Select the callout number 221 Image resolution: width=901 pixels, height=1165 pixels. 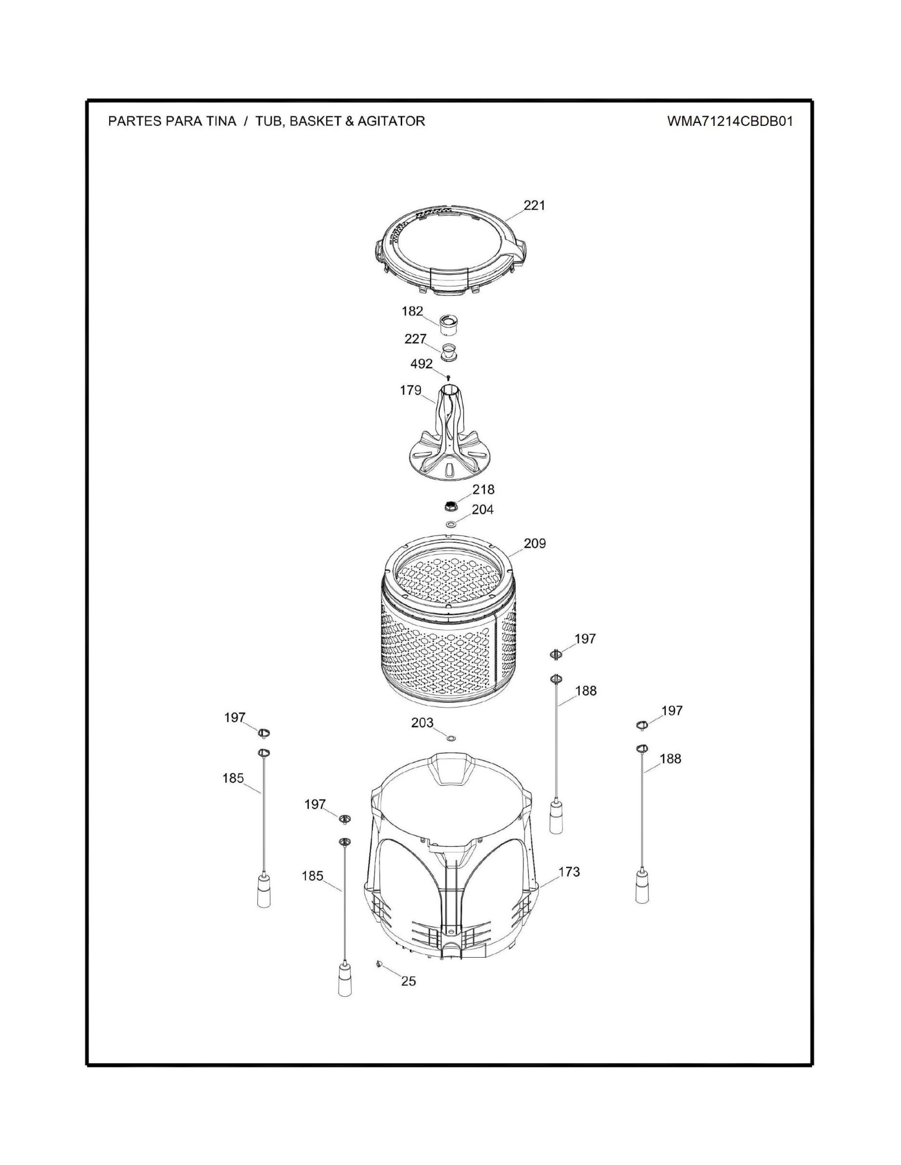tap(534, 205)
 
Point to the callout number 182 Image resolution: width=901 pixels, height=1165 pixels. tap(412, 311)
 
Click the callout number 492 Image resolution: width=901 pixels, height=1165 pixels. tap(421, 364)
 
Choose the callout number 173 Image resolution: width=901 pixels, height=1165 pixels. tap(569, 872)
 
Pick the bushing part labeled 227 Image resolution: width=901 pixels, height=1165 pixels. tap(449, 352)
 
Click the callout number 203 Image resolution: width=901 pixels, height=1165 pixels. tap(422, 723)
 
